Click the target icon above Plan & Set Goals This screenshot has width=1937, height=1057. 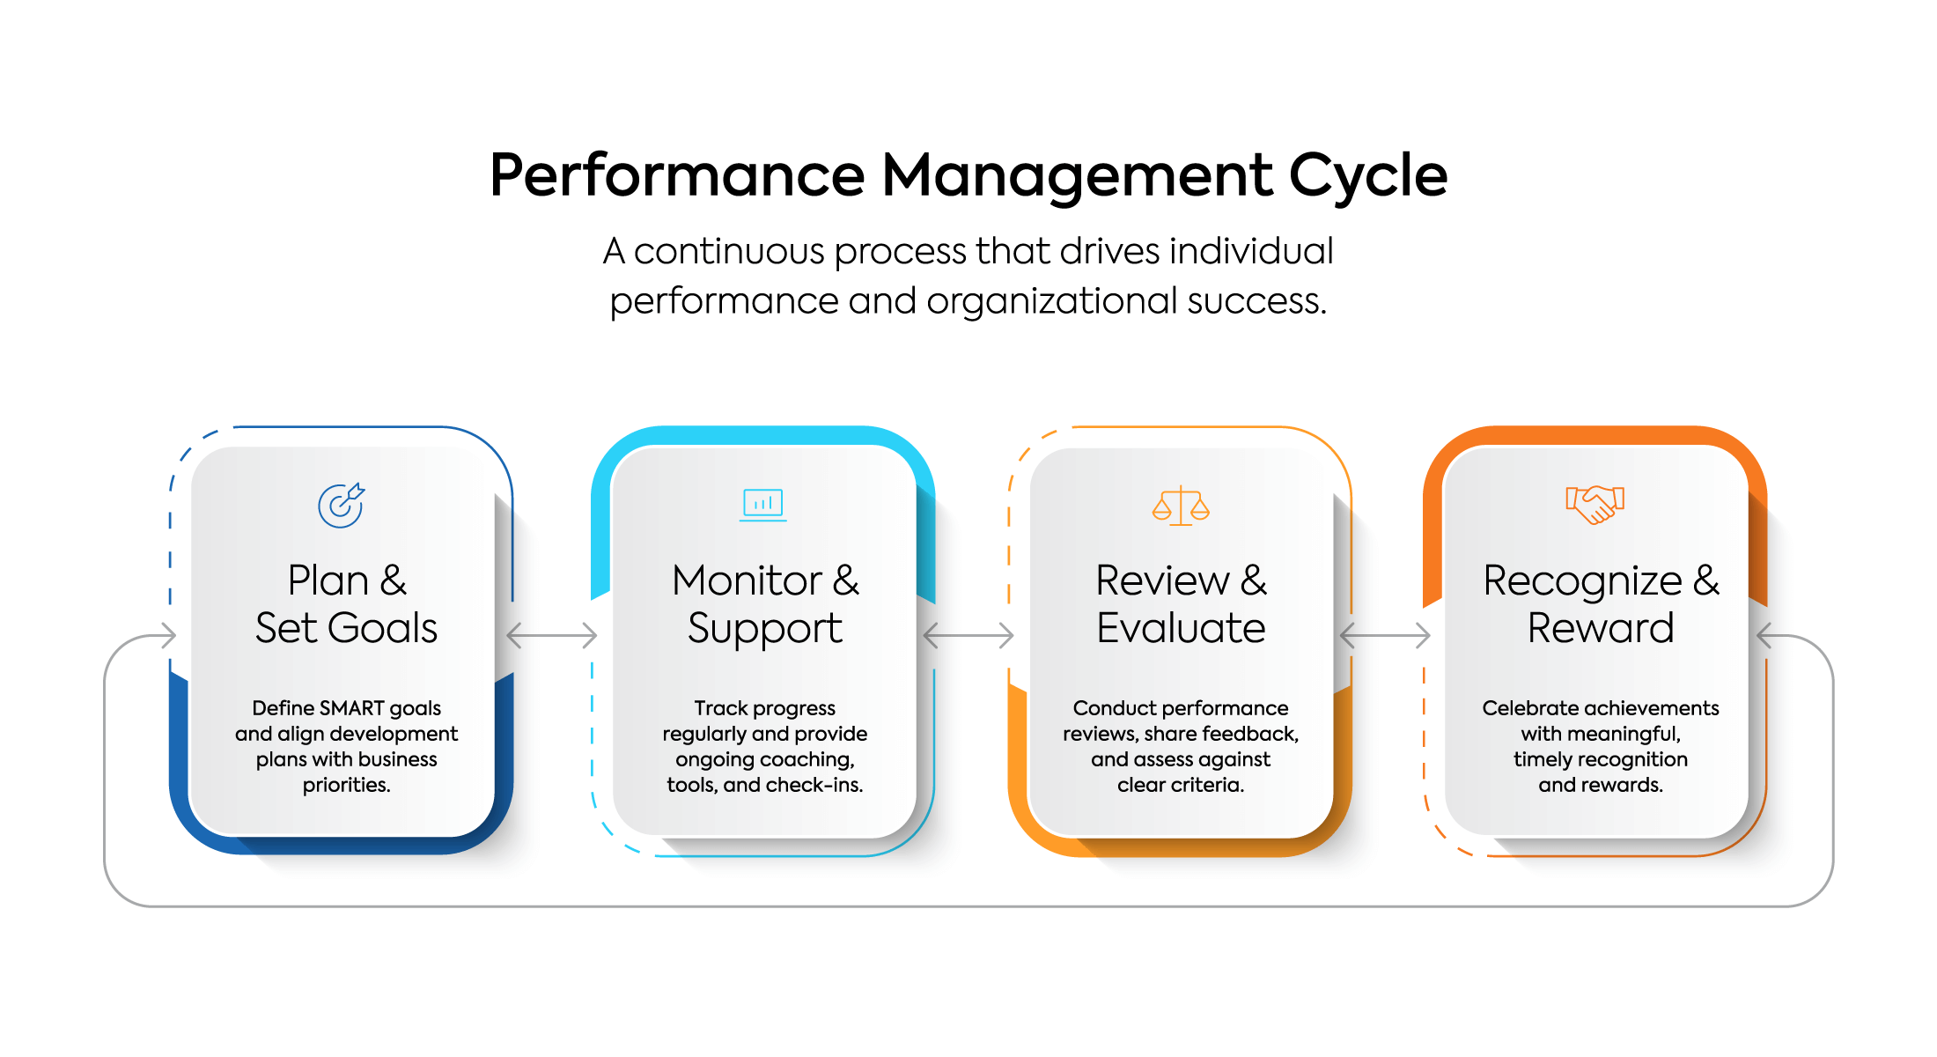point(341,506)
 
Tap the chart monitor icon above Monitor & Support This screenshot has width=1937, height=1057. point(762,505)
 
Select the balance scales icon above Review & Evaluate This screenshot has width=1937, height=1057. point(1181,506)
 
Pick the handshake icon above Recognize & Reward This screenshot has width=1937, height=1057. point(1595,505)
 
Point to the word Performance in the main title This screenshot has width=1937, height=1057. point(677,175)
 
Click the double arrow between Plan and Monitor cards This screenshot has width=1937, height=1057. point(552,634)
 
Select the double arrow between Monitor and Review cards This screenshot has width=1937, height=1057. point(968,634)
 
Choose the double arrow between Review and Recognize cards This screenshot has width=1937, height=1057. point(1385,634)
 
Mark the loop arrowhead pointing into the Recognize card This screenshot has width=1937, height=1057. point(1764,635)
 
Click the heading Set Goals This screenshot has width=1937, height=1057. point(346,628)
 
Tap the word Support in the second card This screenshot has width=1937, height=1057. point(764,629)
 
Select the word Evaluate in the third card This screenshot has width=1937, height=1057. point(1181,628)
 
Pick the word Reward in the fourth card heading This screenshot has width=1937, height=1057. point(1600,628)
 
